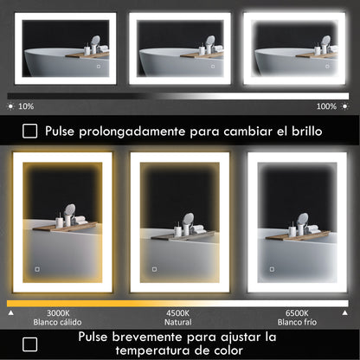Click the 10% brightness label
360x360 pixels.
[25, 106]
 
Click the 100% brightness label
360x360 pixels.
[326, 106]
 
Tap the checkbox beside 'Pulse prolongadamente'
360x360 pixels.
[30, 131]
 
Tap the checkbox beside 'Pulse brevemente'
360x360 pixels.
[30, 342]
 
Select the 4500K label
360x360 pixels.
[177, 313]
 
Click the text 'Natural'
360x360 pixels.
[177, 322]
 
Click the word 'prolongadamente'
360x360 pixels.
[145, 132]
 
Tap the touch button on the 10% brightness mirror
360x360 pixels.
[98, 66]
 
